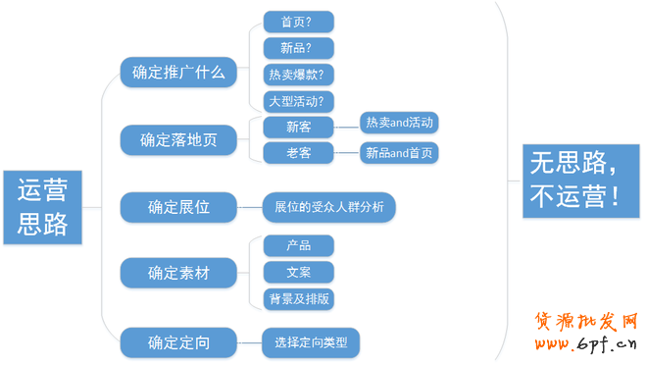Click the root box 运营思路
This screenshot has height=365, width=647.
pyautogui.click(x=43, y=207)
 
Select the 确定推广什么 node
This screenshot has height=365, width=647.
pyautogui.click(x=178, y=72)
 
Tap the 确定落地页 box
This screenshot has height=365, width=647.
pyautogui.click(x=178, y=139)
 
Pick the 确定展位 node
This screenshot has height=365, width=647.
pyautogui.click(x=178, y=207)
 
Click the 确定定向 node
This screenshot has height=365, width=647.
pyautogui.click(x=178, y=342)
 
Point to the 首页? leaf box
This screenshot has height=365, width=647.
pyautogui.click(x=300, y=22)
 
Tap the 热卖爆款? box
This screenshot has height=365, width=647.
pyautogui.click(x=300, y=74)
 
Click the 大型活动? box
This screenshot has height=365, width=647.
pyautogui.click(x=300, y=100)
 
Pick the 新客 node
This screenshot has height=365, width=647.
pyautogui.click(x=299, y=127)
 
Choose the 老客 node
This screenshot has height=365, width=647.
pyautogui.click(x=299, y=152)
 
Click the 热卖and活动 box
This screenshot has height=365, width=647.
pyautogui.click(x=399, y=123)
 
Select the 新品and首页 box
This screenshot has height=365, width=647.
pyautogui.click(x=399, y=152)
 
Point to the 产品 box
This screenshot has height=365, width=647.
pyautogui.click(x=299, y=245)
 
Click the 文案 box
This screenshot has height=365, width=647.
pyautogui.click(x=299, y=272)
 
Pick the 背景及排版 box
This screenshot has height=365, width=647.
pyautogui.click(x=299, y=298)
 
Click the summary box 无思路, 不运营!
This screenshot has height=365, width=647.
pyautogui.click(x=575, y=180)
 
